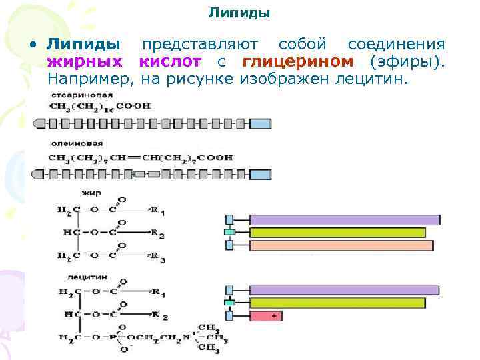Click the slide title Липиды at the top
[239, 13]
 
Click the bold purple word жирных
[84, 62]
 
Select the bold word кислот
[170, 62]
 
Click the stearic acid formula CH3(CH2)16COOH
[100, 105]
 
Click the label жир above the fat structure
[89, 193]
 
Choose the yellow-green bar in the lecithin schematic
[337, 303]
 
